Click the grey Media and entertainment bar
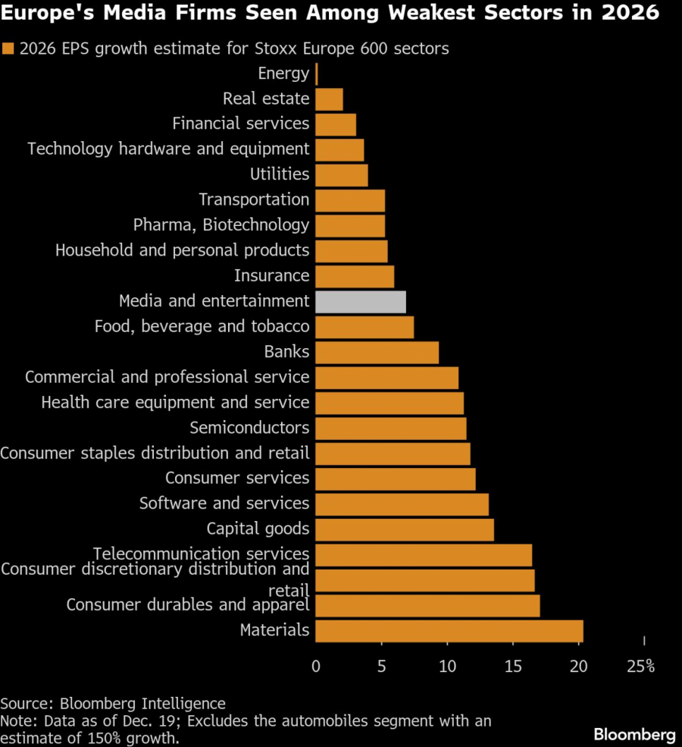click(360, 302)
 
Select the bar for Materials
click(449, 631)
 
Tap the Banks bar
click(377, 353)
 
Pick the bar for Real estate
click(329, 99)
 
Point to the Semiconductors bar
click(390, 428)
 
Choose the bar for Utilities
click(341, 175)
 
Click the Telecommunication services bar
click(423, 555)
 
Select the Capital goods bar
click(404, 529)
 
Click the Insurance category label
click(271, 276)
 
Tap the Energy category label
click(283, 74)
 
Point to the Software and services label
click(224, 504)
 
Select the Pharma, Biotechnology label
click(221, 225)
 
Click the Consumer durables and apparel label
click(188, 605)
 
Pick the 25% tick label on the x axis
click(641, 667)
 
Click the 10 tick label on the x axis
click(447, 667)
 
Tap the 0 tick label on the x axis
click(316, 667)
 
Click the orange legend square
click(9, 49)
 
